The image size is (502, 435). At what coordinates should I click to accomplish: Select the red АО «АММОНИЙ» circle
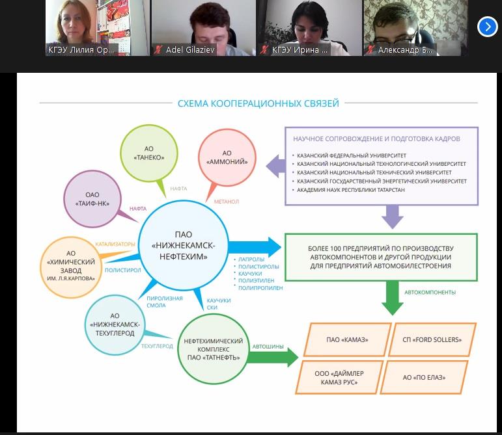pos(227,157)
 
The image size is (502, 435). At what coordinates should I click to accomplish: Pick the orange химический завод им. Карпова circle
pos(72,267)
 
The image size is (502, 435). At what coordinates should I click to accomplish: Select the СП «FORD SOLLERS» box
pos(432,339)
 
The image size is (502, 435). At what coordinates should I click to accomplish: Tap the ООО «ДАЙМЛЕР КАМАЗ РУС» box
pos(335,377)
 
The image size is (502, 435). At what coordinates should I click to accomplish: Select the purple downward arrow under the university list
pos(392,216)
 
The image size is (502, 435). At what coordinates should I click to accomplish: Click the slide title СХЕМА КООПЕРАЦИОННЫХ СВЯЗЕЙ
pos(258,103)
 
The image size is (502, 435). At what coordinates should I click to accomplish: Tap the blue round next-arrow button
pos(487,27)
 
